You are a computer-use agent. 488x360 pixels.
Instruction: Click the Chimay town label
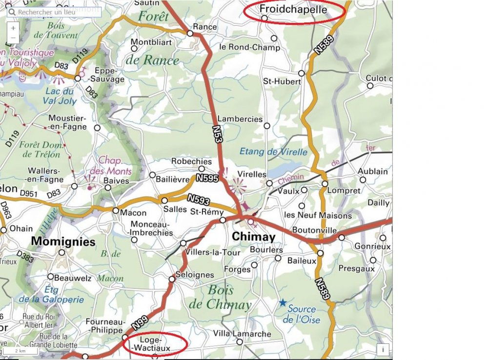pyautogui.click(x=253, y=237)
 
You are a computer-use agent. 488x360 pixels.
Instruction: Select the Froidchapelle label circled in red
pyautogui.click(x=293, y=9)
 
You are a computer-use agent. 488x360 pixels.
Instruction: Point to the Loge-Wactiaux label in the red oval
pyautogui.click(x=155, y=344)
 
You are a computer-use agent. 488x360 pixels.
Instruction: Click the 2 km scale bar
pyautogui.click(x=20, y=351)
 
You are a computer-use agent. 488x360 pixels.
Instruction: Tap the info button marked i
pyautogui.click(x=383, y=349)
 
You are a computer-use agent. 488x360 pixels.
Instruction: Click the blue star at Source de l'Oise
pyautogui.click(x=283, y=303)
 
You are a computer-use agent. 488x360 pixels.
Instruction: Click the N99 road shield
pyautogui.click(x=140, y=322)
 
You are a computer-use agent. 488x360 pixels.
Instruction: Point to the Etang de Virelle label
pyautogui.click(x=273, y=152)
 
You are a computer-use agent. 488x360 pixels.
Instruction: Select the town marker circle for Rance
pyautogui.click(x=190, y=33)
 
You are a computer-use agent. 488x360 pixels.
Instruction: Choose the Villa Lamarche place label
pyautogui.click(x=242, y=334)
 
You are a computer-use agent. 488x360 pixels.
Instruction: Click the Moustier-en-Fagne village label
pyautogui.click(x=67, y=122)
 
